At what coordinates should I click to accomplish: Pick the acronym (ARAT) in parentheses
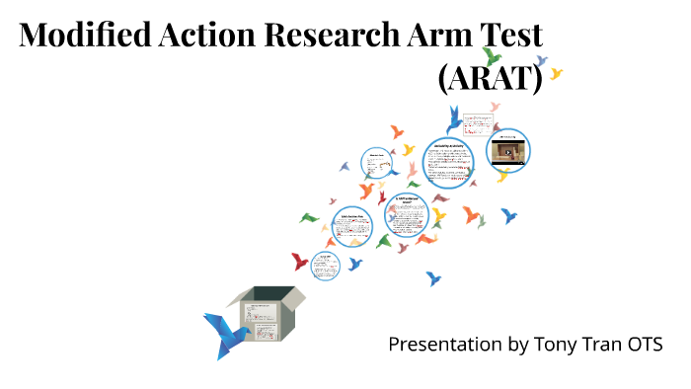coord(491,79)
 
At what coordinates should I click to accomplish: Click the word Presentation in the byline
coord(444,345)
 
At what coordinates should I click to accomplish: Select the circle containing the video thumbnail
coord(508,151)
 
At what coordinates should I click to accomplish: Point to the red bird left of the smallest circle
coord(299,261)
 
